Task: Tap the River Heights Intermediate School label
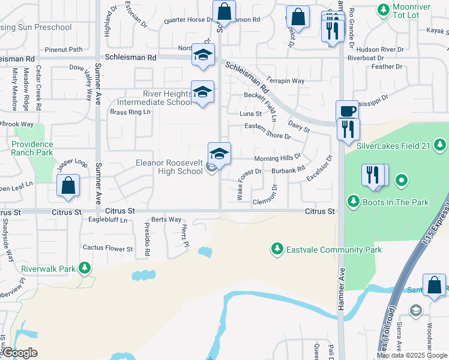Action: (x=159, y=98)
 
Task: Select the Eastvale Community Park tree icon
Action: (x=277, y=248)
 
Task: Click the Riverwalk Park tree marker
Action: (x=85, y=268)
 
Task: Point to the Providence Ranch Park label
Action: (x=32, y=148)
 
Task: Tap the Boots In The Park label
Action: (x=396, y=202)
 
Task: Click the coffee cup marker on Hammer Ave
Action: (x=346, y=111)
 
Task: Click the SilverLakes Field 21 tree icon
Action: (x=441, y=145)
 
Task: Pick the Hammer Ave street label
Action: (x=341, y=283)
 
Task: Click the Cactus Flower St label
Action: (x=107, y=248)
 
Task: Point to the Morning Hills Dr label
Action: (x=277, y=158)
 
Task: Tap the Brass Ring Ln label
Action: (x=130, y=112)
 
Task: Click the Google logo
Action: (x=20, y=353)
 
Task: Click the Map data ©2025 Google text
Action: (x=411, y=355)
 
